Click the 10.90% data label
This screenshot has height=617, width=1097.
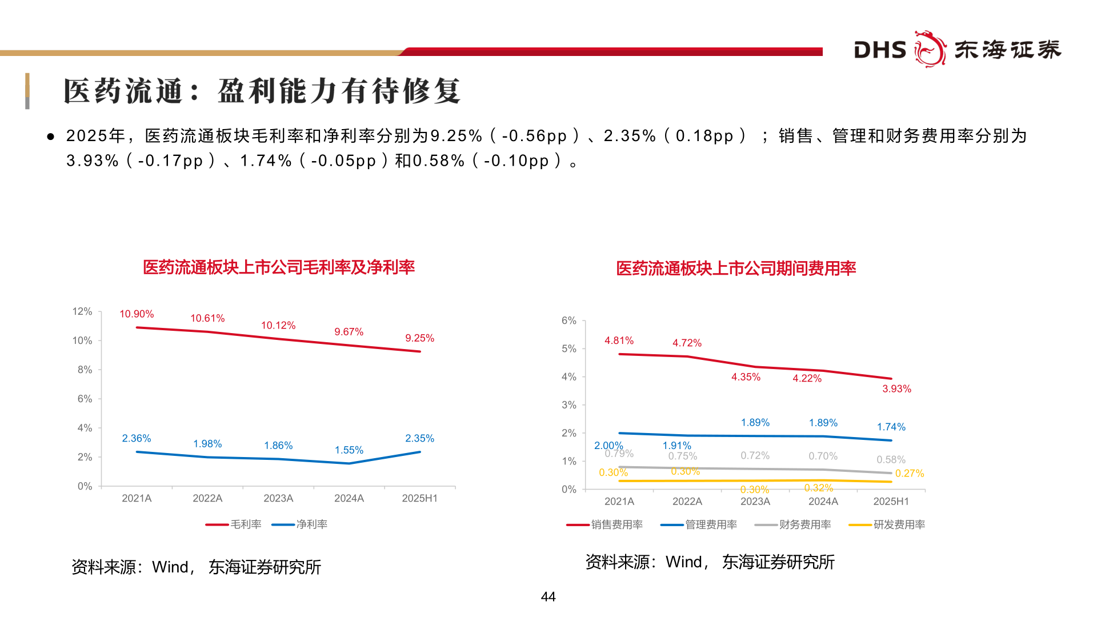coord(137,314)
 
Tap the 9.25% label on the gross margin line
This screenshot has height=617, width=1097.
coord(419,338)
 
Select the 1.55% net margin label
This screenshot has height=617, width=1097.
coord(349,450)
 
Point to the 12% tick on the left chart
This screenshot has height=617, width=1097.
coord(82,311)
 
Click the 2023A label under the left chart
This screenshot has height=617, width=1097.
coord(278,498)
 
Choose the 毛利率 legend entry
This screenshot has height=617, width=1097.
coord(246,524)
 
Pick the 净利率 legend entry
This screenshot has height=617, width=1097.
coord(311,524)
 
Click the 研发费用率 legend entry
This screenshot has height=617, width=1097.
coord(899,524)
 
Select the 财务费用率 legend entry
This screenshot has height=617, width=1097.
coord(804,524)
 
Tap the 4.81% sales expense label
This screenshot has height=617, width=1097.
coord(619,340)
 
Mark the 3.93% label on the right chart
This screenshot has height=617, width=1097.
coord(896,389)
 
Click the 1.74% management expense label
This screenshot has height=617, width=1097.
coord(891,427)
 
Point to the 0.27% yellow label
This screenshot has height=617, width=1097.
coord(909,474)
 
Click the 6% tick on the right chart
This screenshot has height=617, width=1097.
coord(568,320)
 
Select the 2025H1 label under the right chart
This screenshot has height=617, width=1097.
coord(891,502)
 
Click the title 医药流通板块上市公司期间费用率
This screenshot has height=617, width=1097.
coord(736,269)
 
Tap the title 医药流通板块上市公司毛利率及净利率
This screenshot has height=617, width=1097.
coord(279,267)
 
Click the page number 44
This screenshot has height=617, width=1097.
coord(548,597)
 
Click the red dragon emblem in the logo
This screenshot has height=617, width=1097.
coord(930,49)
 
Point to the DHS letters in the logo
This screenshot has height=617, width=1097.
coord(880,50)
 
